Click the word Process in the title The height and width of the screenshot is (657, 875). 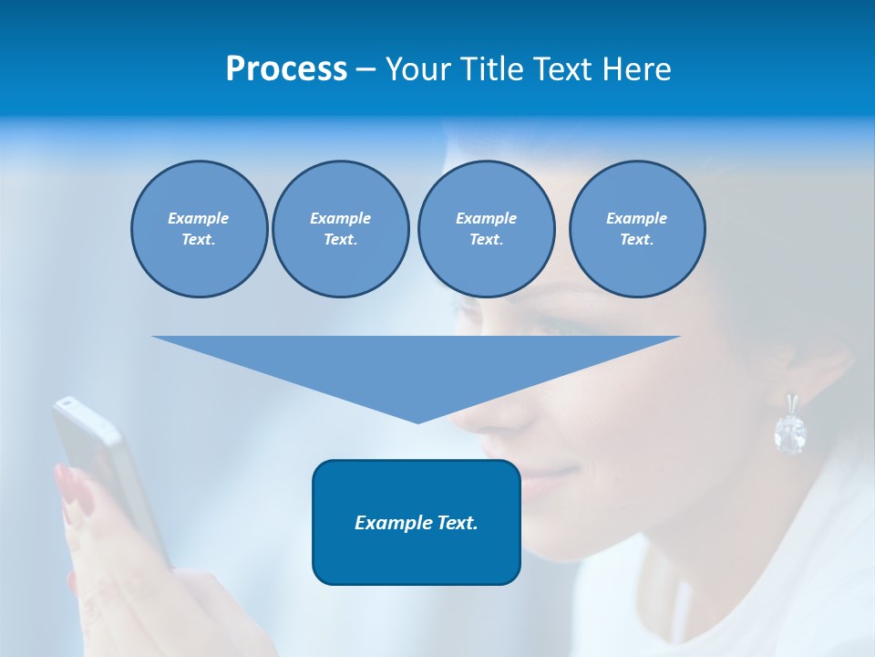pos(286,69)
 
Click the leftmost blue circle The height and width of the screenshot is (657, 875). pos(199,229)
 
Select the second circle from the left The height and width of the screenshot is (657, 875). pos(340,229)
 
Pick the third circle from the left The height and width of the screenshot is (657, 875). pos(486,229)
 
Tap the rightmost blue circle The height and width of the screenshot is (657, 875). pos(636,229)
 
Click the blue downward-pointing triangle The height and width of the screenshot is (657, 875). pos(417,365)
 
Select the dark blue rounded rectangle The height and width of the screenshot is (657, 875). pos(417,522)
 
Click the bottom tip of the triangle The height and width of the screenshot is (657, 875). pos(417,422)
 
